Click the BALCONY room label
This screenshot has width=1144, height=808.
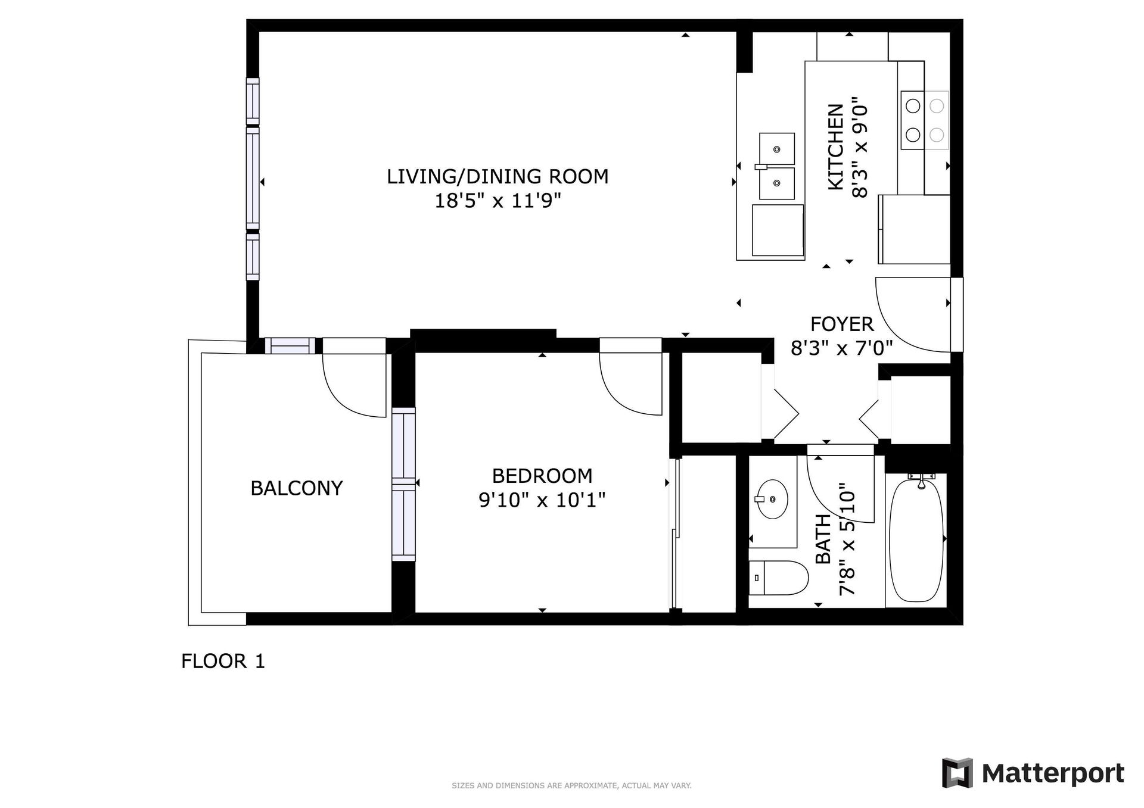click(x=296, y=488)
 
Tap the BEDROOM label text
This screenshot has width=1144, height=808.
click(x=542, y=476)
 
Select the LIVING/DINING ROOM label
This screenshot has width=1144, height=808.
click(x=498, y=176)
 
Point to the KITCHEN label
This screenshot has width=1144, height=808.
click(x=836, y=147)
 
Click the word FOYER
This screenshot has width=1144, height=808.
click(x=842, y=324)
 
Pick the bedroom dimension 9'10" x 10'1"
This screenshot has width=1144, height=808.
click(x=542, y=500)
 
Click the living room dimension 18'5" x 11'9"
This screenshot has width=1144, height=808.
click(x=498, y=201)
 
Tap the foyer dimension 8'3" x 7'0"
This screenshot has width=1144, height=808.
click(x=841, y=348)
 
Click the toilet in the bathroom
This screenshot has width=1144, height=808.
click(x=778, y=578)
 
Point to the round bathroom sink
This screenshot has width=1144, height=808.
click(x=772, y=499)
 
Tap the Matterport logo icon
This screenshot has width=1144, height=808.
click(x=958, y=773)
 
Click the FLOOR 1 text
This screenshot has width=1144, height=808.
click(x=223, y=661)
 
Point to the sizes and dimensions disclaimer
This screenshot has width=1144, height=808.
click(x=571, y=786)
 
